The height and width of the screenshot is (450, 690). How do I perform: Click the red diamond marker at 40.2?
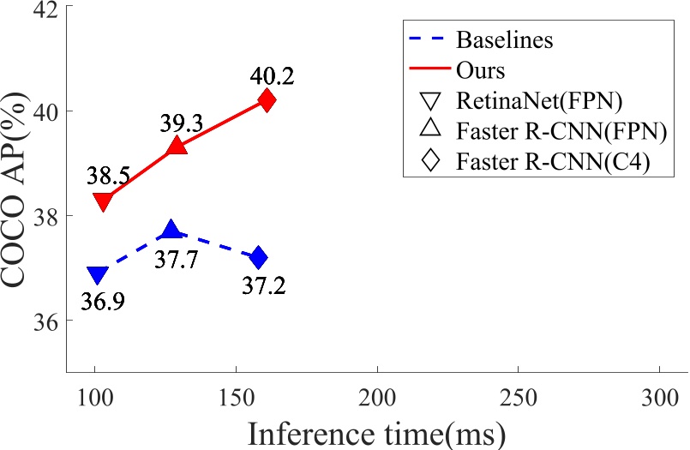267,100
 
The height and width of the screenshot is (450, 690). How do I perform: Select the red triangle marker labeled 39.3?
177,147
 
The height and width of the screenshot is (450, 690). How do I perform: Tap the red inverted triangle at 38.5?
103,201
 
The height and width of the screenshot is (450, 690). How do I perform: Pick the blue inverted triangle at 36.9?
98,275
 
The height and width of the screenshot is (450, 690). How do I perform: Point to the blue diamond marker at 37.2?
258,257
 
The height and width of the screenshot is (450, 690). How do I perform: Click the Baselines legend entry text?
504,39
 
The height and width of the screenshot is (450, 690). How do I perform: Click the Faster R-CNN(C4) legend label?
552,160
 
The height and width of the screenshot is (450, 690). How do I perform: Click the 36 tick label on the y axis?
43,321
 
